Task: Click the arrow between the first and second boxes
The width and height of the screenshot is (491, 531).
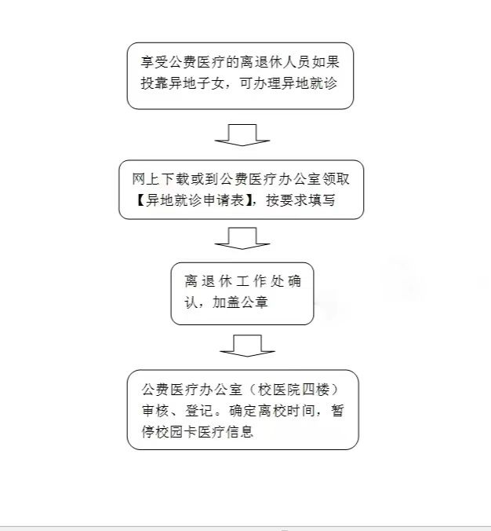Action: pyautogui.click(x=242, y=135)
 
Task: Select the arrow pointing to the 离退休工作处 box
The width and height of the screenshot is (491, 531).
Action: pyautogui.click(x=242, y=238)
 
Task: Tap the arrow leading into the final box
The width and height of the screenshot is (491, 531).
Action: pyautogui.click(x=247, y=346)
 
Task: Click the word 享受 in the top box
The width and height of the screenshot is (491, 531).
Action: pyautogui.click(x=155, y=62)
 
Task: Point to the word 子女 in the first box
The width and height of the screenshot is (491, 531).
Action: pyautogui.click(x=211, y=83)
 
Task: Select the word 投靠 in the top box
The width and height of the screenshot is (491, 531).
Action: pyautogui.click(x=155, y=83)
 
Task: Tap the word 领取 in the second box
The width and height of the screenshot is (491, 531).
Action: pyautogui.click(x=336, y=179)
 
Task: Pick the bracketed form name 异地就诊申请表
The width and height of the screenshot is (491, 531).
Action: pyautogui.click(x=195, y=200)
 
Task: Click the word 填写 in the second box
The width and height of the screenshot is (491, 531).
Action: pyautogui.click(x=321, y=200)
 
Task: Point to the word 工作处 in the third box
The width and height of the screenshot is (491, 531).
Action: pyautogui.click(x=260, y=281)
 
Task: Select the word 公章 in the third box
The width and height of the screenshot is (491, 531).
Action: pyautogui.click(x=254, y=302)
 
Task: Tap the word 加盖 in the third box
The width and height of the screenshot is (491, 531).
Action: pyautogui.click(x=226, y=302)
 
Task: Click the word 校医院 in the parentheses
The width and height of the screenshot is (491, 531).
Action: pyautogui.click(x=279, y=390)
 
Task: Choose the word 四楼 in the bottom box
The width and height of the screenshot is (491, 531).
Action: pyautogui.click(x=315, y=390)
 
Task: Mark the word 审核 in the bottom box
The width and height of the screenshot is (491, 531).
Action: pyautogui.click(x=155, y=411)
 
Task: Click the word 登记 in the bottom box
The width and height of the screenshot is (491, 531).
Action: pyautogui.click(x=199, y=411)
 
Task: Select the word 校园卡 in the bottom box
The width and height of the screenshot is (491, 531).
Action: pyautogui.click(x=176, y=432)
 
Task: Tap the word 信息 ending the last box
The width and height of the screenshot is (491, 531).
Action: pyautogui.click(x=239, y=432)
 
